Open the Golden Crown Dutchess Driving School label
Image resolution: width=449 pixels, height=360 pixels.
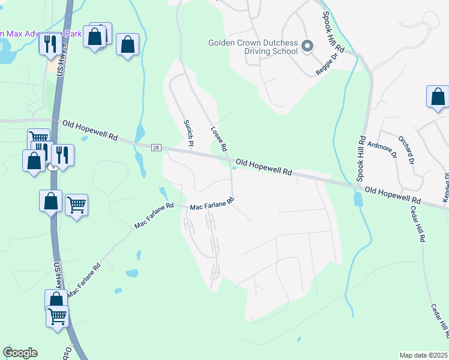pyautogui.click(x=253, y=47)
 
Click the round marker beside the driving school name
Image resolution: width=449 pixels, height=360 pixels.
pyautogui.click(x=308, y=46)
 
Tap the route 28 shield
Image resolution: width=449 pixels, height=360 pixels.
pyautogui.click(x=156, y=148)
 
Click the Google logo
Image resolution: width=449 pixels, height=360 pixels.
pyautogui.click(x=20, y=353)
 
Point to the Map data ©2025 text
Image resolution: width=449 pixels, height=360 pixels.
pyautogui.click(x=424, y=355)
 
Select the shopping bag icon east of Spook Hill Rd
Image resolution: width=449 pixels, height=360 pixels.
pyautogui.click(x=438, y=97)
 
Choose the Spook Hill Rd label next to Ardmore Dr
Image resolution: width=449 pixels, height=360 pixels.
pyautogui.click(x=361, y=158)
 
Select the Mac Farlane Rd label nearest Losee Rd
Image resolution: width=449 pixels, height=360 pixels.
pyautogui.click(x=211, y=205)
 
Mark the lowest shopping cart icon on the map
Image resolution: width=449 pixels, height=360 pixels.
pyautogui.click(x=58, y=316)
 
